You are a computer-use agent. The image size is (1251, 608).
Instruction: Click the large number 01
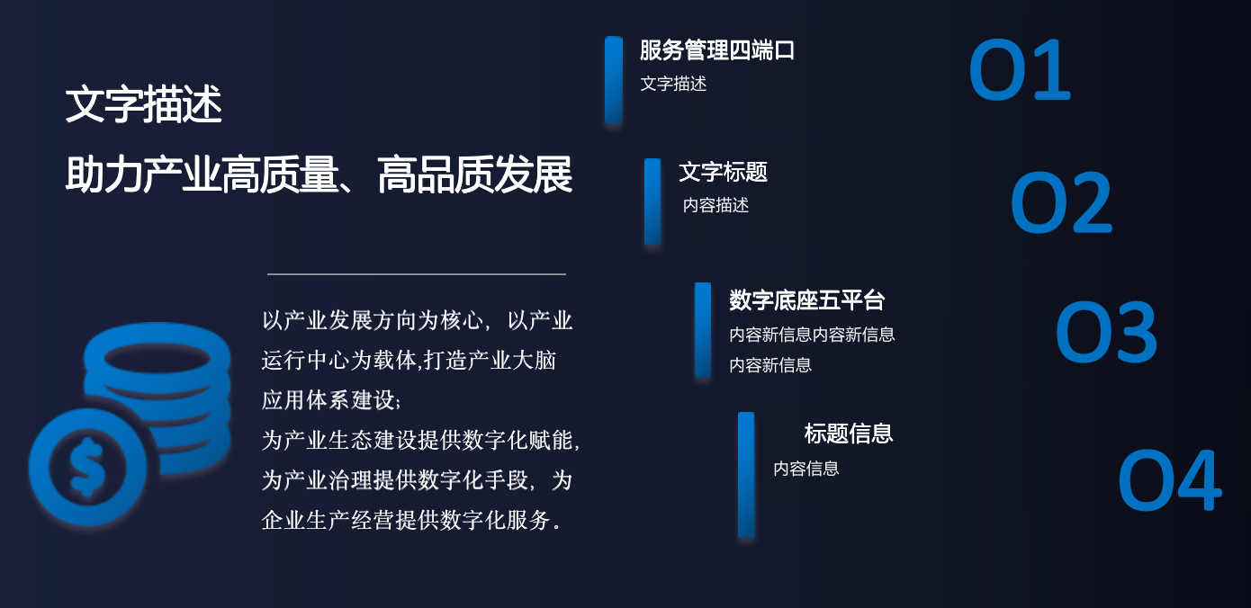(1019, 70)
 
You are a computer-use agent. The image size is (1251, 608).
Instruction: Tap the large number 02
(1061, 203)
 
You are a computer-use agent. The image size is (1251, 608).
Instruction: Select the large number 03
(1105, 333)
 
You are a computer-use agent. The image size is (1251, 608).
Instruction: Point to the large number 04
(1168, 481)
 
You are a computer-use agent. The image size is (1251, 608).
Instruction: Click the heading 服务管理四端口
(717, 50)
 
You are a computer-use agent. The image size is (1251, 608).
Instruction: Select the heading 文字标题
(723, 172)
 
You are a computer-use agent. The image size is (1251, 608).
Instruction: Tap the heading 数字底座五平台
(806, 300)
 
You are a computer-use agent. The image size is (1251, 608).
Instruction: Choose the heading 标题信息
(848, 434)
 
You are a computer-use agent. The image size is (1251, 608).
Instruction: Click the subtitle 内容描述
(715, 205)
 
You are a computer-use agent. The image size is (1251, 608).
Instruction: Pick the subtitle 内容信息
(805, 469)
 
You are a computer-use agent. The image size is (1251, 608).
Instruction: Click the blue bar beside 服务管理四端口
(614, 79)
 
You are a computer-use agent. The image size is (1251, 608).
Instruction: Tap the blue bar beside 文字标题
(652, 201)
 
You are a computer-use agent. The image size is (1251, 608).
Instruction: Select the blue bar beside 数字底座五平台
(703, 329)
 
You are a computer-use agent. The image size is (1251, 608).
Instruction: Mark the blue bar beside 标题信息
(746, 475)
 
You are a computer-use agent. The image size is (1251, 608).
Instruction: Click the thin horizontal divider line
(416, 274)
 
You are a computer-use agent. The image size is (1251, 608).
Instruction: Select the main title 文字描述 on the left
(143, 105)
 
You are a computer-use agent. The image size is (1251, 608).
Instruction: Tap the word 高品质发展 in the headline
(474, 175)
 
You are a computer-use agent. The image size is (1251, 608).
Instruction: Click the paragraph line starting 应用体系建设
(331, 400)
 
